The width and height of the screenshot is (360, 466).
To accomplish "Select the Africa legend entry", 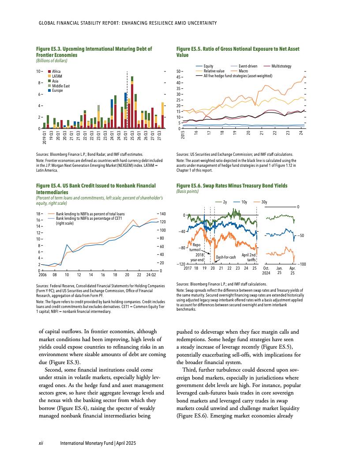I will coord(56,71).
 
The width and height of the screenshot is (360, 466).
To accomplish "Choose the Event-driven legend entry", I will coord(247,66).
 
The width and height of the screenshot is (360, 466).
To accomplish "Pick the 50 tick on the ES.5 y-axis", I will coord(179,71).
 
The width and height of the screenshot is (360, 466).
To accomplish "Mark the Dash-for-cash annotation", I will coord(226,257).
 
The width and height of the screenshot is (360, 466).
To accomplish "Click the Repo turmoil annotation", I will coord(196,247).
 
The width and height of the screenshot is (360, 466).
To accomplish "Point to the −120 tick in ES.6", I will coord(180,264).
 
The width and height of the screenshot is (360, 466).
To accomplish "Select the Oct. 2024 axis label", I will coord(266,271).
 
